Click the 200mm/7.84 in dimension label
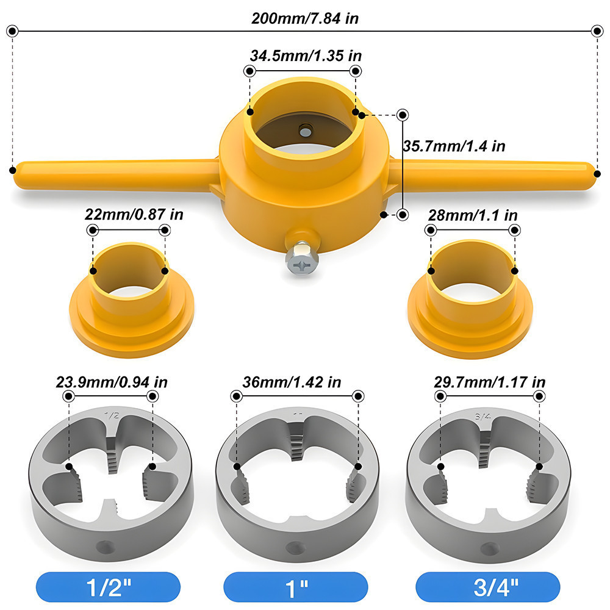305,19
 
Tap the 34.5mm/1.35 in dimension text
306,56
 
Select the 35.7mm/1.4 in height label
454,146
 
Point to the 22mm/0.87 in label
134,214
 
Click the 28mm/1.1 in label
473,215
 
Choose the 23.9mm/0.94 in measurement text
112,382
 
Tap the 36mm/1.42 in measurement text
292,382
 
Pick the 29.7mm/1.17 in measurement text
490,382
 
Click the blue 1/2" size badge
108,587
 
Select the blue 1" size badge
296,587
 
